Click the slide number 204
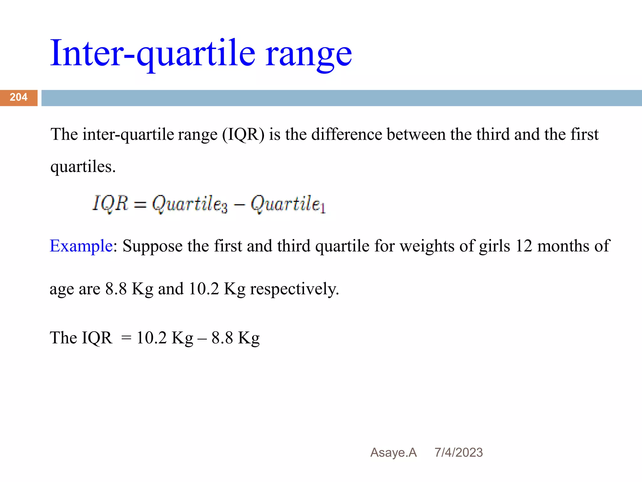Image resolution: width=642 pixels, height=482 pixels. (18, 97)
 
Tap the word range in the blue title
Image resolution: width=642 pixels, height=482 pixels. (309, 55)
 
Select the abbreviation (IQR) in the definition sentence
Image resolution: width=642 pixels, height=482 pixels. (243, 134)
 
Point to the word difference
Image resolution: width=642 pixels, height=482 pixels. (346, 134)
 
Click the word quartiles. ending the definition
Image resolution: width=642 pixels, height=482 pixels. (83, 167)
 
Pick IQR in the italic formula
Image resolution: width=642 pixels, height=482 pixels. (110, 203)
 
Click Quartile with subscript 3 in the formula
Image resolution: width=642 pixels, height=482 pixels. (190, 204)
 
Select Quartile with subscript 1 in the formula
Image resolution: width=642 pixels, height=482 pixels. (288, 204)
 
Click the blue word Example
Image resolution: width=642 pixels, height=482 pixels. (81, 246)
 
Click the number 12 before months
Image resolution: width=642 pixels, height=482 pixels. (524, 246)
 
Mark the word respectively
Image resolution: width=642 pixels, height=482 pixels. (294, 289)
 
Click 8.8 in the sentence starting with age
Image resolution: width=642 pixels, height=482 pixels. (116, 289)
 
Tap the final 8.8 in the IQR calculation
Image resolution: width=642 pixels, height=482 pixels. (222, 338)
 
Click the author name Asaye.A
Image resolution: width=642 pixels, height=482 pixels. (393, 453)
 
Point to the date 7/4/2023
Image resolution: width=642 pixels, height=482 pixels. (459, 453)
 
